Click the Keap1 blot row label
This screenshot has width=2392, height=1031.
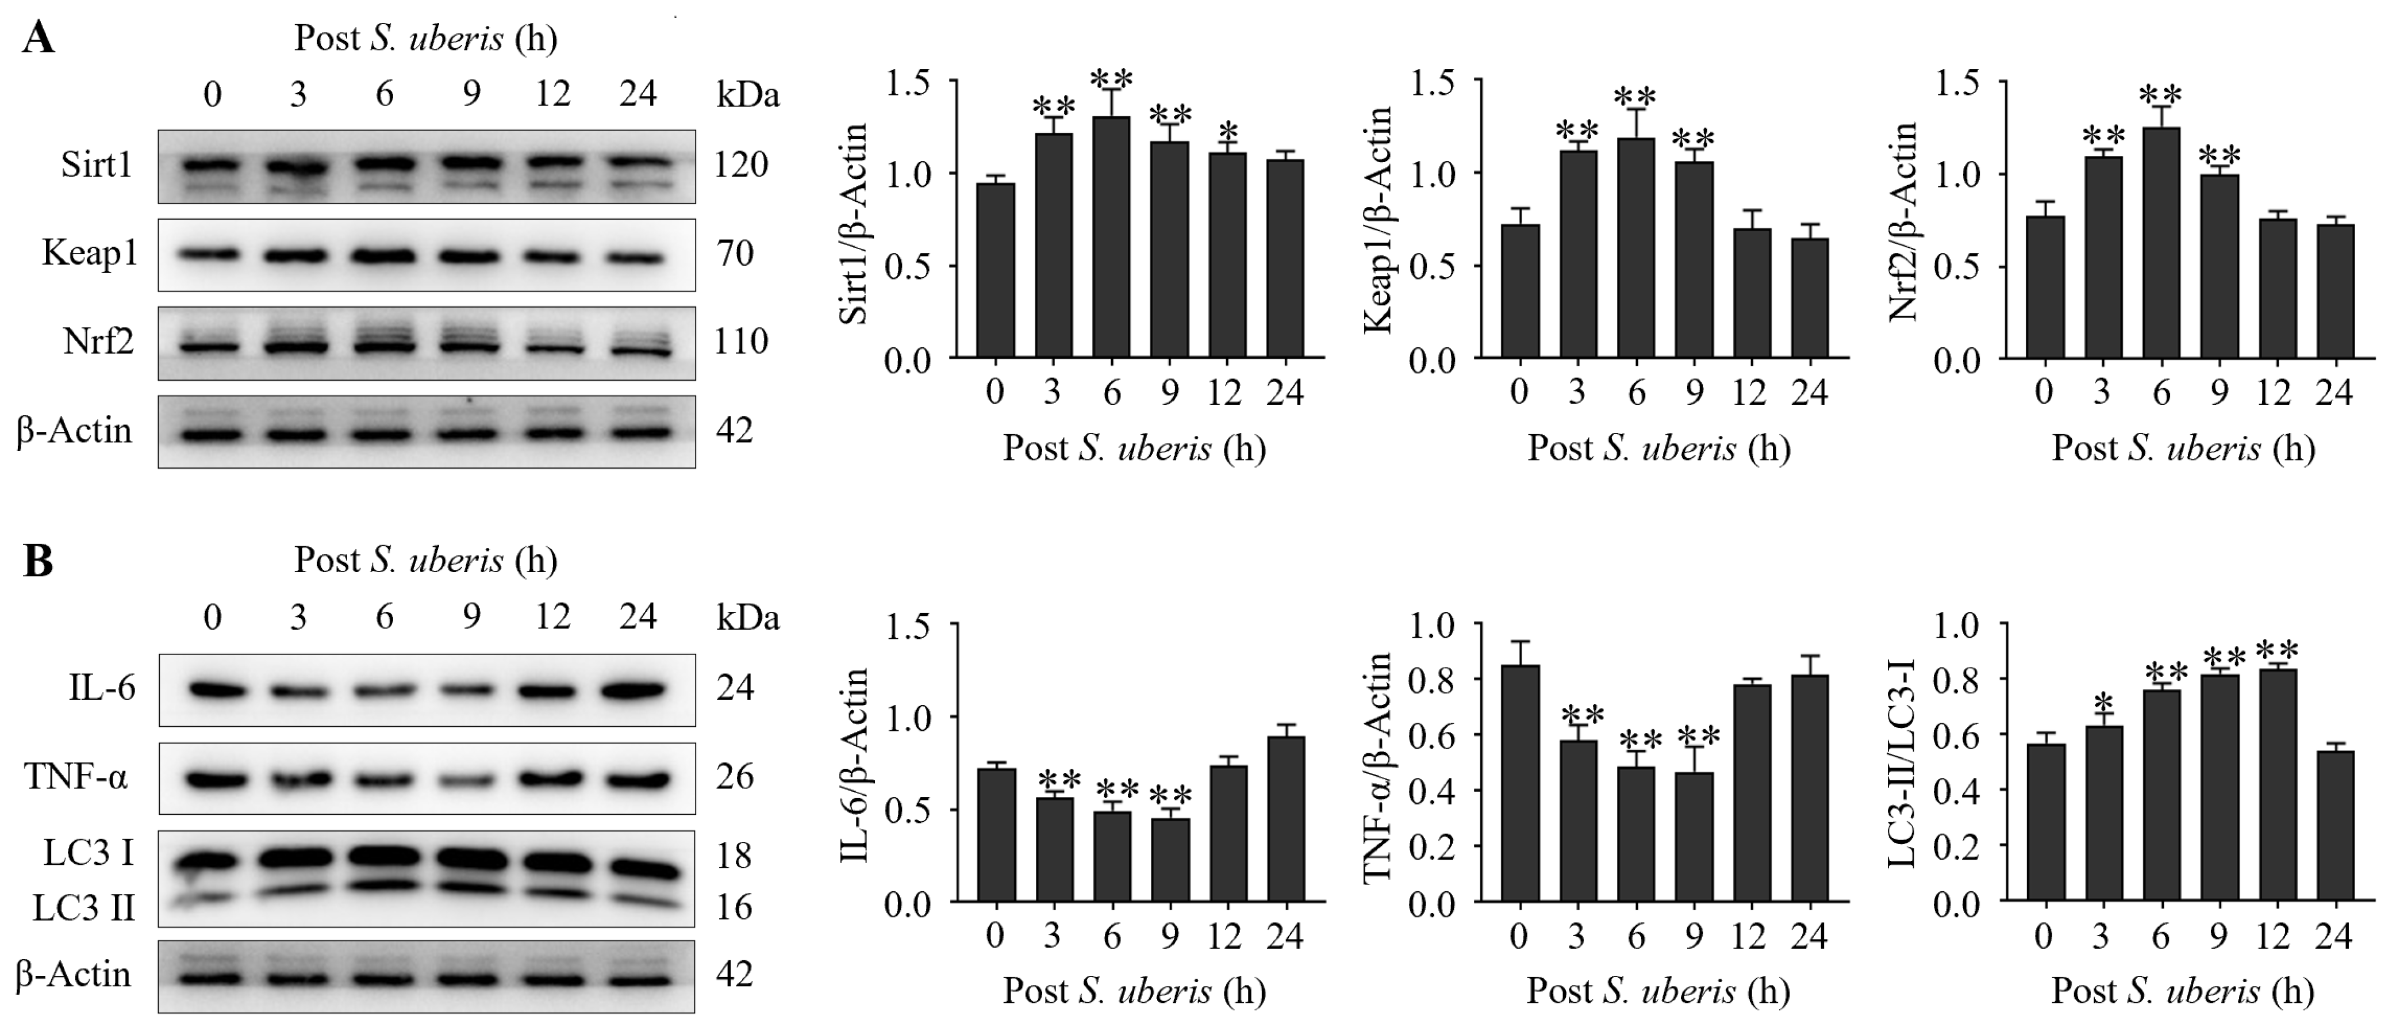89,252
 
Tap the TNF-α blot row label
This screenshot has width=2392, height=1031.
76,776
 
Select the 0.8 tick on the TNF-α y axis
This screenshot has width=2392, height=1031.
1440,680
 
